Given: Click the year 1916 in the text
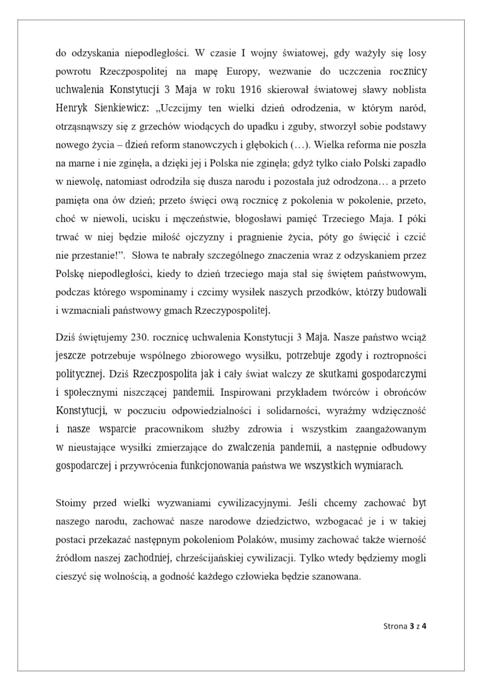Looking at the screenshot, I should click(x=251, y=90).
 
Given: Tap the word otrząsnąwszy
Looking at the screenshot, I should click(x=84, y=127).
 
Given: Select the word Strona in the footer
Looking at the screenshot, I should click(x=395, y=626).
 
